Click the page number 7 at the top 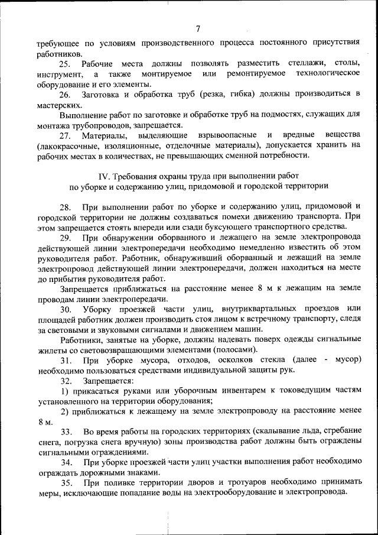pos(198,29)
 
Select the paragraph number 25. pos(65,63)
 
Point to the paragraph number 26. pos(65,95)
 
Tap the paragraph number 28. pos(65,207)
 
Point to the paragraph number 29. pos(65,238)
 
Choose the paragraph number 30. pos(65,309)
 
